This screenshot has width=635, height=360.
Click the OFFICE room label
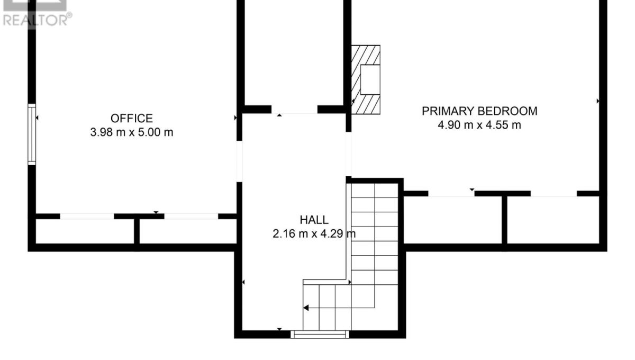click(x=132, y=118)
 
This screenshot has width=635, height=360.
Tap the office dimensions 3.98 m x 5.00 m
click(x=132, y=132)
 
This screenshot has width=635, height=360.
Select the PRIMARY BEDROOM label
click(x=479, y=111)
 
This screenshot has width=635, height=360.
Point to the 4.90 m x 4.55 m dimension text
click(x=479, y=125)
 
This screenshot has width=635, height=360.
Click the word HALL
click(x=314, y=220)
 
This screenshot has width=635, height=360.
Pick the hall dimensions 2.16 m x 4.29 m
click(x=314, y=234)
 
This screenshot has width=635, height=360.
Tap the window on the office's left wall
click(x=32, y=134)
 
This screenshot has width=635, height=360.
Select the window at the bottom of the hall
click(x=320, y=334)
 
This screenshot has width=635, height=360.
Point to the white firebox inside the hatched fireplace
click(x=370, y=80)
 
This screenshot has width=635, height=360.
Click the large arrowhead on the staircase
click(x=306, y=308)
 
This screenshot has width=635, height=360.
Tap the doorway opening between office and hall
click(x=240, y=161)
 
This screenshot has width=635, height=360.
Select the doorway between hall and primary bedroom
click(x=348, y=154)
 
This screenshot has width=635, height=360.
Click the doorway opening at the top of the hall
click(x=294, y=110)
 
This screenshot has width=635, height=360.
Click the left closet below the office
click(x=85, y=231)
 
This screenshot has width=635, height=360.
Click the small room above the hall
click(x=294, y=53)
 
